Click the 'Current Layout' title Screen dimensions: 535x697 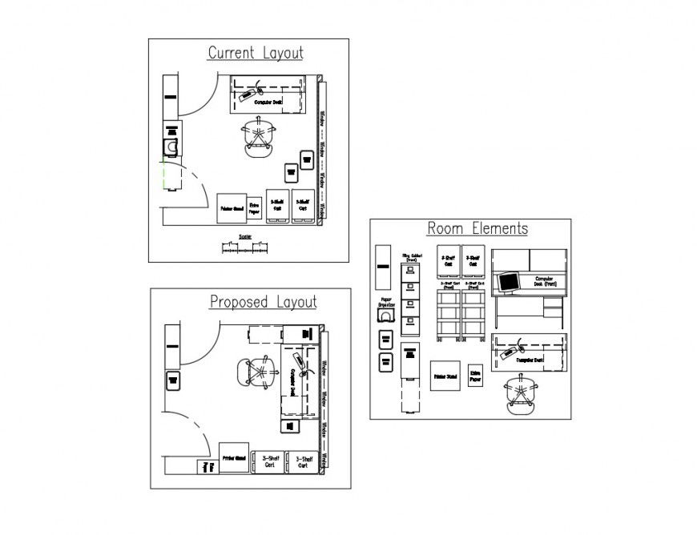point(256,54)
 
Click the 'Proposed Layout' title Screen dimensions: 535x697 point(263,303)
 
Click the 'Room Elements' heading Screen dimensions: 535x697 point(477,229)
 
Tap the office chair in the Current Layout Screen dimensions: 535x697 point(259,138)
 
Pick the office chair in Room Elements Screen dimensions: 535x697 point(521,394)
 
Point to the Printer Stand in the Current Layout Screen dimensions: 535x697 point(232,207)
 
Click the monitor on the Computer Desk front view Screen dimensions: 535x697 point(508,281)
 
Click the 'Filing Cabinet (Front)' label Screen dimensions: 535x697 point(411,258)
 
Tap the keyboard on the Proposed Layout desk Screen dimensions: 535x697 point(299,358)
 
